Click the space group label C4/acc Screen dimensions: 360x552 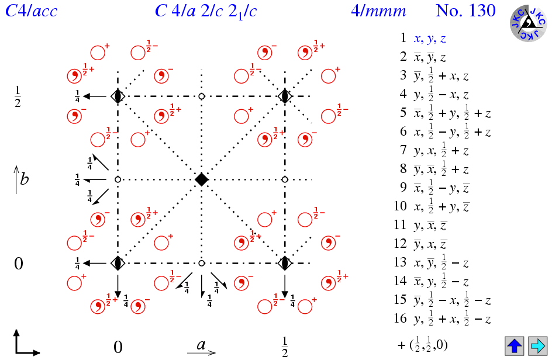point(32,11)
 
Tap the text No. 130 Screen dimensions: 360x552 point(465,11)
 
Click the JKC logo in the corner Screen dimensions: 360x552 point(529,24)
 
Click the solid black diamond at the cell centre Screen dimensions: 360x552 point(202,179)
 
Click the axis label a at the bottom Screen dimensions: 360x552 point(201,345)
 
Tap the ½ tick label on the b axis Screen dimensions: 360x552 point(18,96)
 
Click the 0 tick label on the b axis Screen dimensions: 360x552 point(18,264)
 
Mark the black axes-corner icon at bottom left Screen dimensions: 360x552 point(26,344)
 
